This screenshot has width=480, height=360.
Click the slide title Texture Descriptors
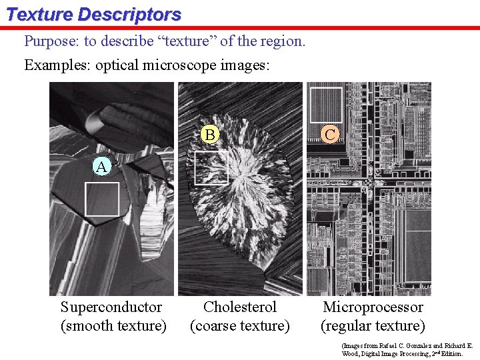coord(93,14)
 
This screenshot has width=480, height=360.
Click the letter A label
coord(101,167)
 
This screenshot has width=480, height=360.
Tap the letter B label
coord(210,135)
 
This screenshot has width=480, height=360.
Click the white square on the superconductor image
coord(102,199)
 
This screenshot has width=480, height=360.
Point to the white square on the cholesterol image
coord(211,167)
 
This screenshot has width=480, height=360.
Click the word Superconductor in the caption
coord(111,307)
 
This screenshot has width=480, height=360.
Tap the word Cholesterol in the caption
coord(240,307)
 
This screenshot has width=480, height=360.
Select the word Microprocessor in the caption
coord(373,307)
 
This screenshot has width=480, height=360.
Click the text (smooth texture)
coord(113,326)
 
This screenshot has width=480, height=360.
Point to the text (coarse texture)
coord(240,326)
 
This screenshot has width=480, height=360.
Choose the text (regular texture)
coord(373,326)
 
